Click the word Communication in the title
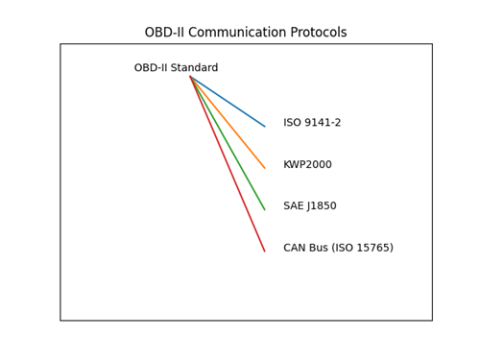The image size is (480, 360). [x=235, y=33]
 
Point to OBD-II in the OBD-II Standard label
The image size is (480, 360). [x=152, y=68]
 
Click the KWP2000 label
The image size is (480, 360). [x=307, y=165]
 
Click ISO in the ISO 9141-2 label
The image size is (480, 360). [x=293, y=123]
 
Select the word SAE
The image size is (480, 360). [x=294, y=206]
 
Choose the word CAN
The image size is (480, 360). [x=296, y=248]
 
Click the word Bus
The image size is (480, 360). [x=324, y=248]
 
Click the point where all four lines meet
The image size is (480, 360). [x=190, y=76]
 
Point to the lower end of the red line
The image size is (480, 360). [x=265, y=252]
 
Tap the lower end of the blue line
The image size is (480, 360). [x=265, y=126]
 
